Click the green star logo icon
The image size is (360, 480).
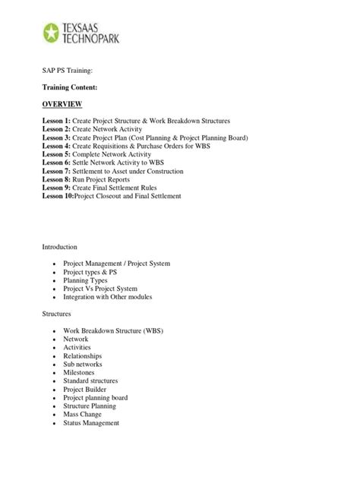52,33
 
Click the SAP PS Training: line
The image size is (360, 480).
68,69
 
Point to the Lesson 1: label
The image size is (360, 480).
57,122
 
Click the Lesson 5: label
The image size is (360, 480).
57,153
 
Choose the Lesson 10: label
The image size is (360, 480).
58,196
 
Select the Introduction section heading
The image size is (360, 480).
62,245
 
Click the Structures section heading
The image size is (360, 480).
58,313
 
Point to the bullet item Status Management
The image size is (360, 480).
91,423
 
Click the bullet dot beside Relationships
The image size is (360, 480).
54,356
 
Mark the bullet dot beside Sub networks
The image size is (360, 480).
54,365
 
